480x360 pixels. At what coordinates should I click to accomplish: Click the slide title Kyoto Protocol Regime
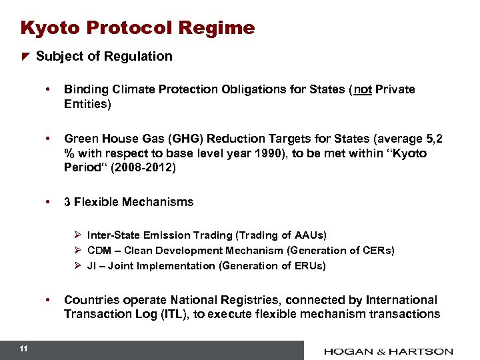tap(137, 28)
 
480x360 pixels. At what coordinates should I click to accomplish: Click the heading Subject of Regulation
tap(104, 57)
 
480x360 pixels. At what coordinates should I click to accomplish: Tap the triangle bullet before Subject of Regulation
tap(25, 57)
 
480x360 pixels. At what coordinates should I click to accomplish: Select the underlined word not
tap(363, 89)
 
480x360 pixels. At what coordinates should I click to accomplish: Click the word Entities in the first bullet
tap(85, 104)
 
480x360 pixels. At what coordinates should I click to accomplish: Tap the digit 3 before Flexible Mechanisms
tap(67, 202)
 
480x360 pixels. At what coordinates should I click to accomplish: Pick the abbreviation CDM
tap(99, 251)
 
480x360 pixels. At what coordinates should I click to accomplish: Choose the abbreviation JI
tap(93, 266)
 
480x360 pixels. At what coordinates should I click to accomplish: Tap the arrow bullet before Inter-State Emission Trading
tap(77, 235)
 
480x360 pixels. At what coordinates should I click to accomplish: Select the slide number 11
tap(23, 349)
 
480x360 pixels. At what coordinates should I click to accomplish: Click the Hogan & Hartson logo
tap(389, 351)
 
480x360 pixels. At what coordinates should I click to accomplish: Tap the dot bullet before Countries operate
tap(48, 300)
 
